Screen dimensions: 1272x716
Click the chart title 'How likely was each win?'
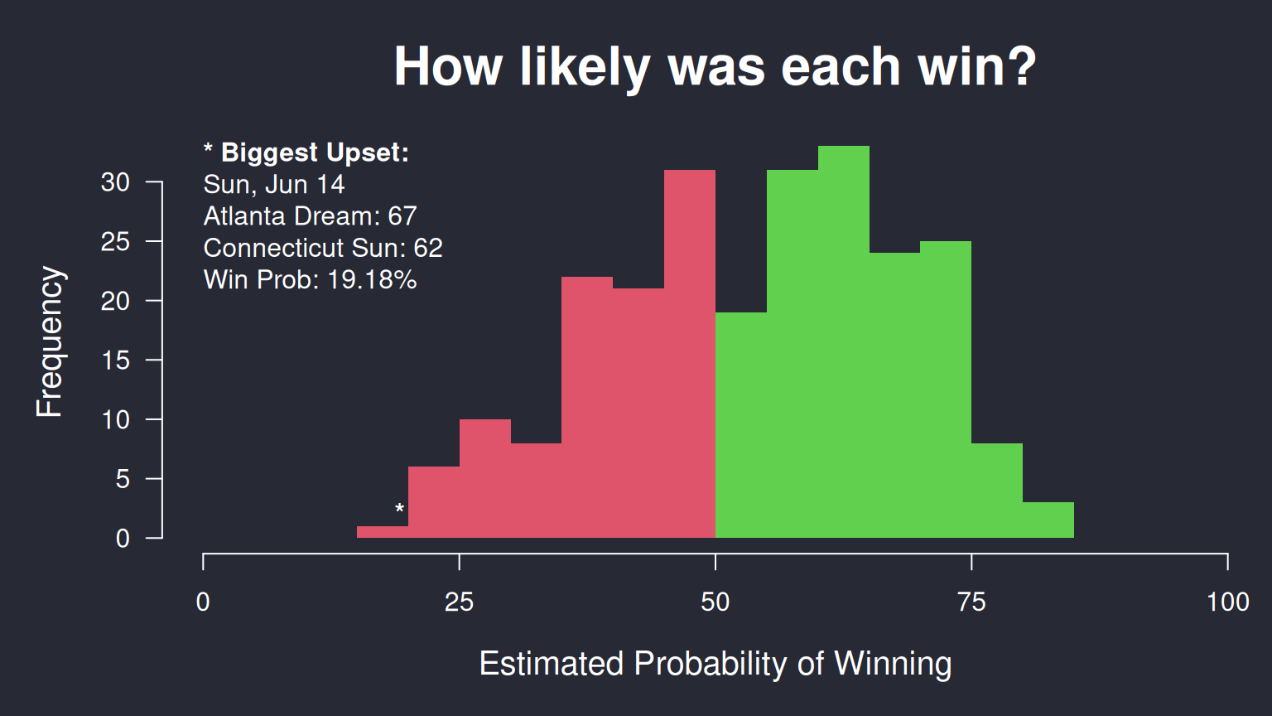point(715,67)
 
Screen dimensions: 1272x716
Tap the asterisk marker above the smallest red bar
point(400,508)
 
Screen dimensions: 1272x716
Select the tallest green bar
point(843,341)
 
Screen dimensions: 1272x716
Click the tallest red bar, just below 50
point(689,354)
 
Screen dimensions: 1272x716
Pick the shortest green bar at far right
point(1048,520)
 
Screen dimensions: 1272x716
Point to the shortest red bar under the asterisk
point(382,532)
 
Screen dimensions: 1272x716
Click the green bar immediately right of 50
point(741,425)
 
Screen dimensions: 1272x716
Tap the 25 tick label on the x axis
point(459,602)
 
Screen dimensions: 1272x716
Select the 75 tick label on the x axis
point(971,602)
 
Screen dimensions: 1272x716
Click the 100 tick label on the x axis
point(1228,602)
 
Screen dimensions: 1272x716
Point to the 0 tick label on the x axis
point(203,602)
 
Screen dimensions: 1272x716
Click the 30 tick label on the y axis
point(115,182)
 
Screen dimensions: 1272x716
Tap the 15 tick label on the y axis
point(115,360)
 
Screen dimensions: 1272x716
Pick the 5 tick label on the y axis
point(123,479)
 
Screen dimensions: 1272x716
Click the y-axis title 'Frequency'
point(50,341)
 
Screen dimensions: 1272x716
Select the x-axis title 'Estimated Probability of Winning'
point(715,664)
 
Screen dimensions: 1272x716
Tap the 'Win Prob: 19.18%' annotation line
point(310,279)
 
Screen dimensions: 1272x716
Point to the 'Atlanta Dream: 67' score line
point(310,216)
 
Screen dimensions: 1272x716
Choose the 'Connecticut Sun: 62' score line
point(323,248)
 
